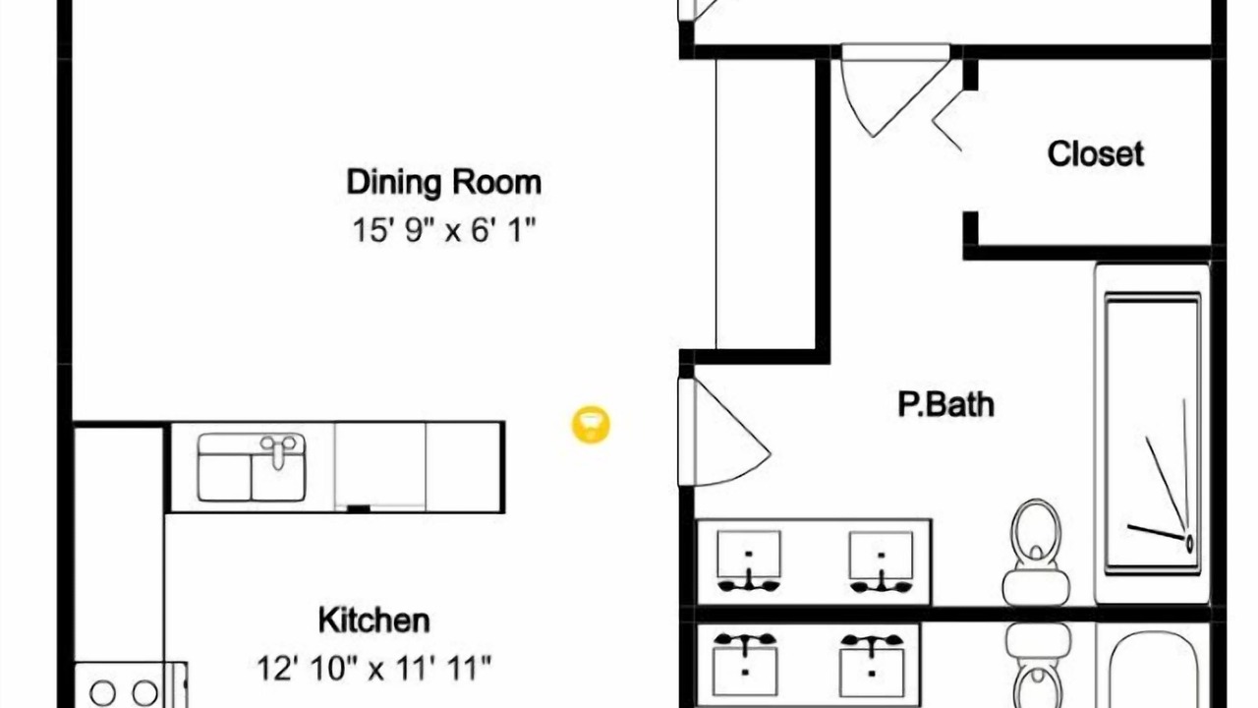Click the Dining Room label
(x=443, y=183)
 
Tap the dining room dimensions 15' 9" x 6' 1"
(x=443, y=230)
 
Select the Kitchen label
(x=374, y=620)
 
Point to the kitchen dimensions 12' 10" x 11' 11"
(x=374, y=668)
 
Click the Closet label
(x=1095, y=153)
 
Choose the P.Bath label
(x=945, y=404)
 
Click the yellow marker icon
(x=591, y=424)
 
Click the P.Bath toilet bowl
(x=1036, y=528)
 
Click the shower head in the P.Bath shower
(x=1189, y=544)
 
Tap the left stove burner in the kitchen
(x=103, y=693)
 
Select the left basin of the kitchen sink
(x=225, y=477)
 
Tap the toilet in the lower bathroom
(x=1038, y=666)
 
